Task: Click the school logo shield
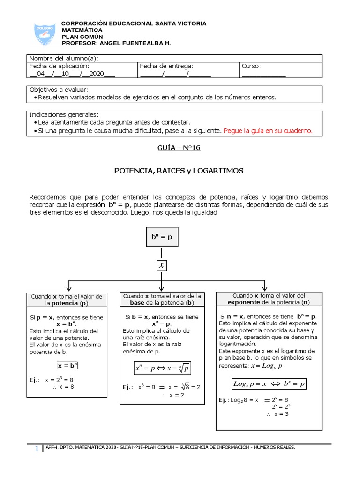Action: [45, 34]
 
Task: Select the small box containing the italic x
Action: [161, 265]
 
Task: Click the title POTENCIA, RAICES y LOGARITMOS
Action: [179, 171]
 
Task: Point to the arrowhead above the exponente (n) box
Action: [265, 287]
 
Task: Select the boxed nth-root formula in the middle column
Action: [162, 368]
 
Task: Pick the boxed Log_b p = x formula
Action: [269, 384]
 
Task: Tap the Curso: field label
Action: [251, 67]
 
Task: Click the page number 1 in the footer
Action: [37, 449]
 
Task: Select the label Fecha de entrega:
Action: [166, 67]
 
